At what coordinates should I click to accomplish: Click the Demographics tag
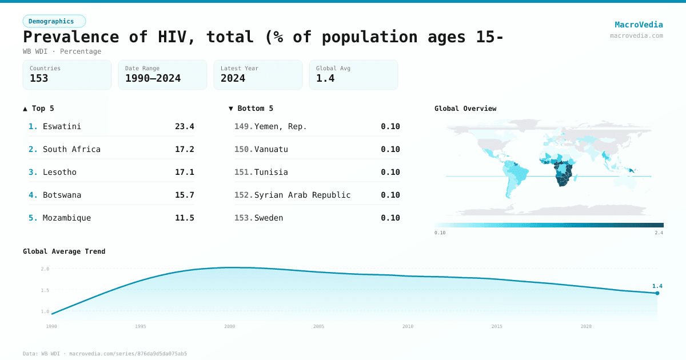[54, 21]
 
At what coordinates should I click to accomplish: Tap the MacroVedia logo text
[639, 25]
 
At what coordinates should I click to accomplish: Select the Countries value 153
[39, 78]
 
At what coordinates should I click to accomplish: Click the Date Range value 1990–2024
[153, 78]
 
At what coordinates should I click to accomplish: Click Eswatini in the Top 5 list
[62, 126]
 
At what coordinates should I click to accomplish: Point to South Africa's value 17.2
[184, 149]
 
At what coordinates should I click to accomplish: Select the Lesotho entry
[59, 172]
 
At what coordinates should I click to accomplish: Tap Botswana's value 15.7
[184, 195]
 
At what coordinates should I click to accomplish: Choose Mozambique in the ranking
[66, 218]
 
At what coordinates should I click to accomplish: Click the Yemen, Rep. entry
[280, 126]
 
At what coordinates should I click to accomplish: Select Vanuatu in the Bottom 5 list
[271, 149]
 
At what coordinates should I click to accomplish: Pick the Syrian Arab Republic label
[302, 195]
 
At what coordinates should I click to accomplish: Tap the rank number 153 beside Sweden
[243, 218]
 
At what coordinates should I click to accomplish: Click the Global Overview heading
[465, 109]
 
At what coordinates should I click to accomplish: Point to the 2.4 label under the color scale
[659, 233]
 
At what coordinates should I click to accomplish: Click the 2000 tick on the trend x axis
[230, 326]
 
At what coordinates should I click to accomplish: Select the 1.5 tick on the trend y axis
[45, 290]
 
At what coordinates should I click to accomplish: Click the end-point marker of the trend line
[657, 293]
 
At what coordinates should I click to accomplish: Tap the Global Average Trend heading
[64, 251]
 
